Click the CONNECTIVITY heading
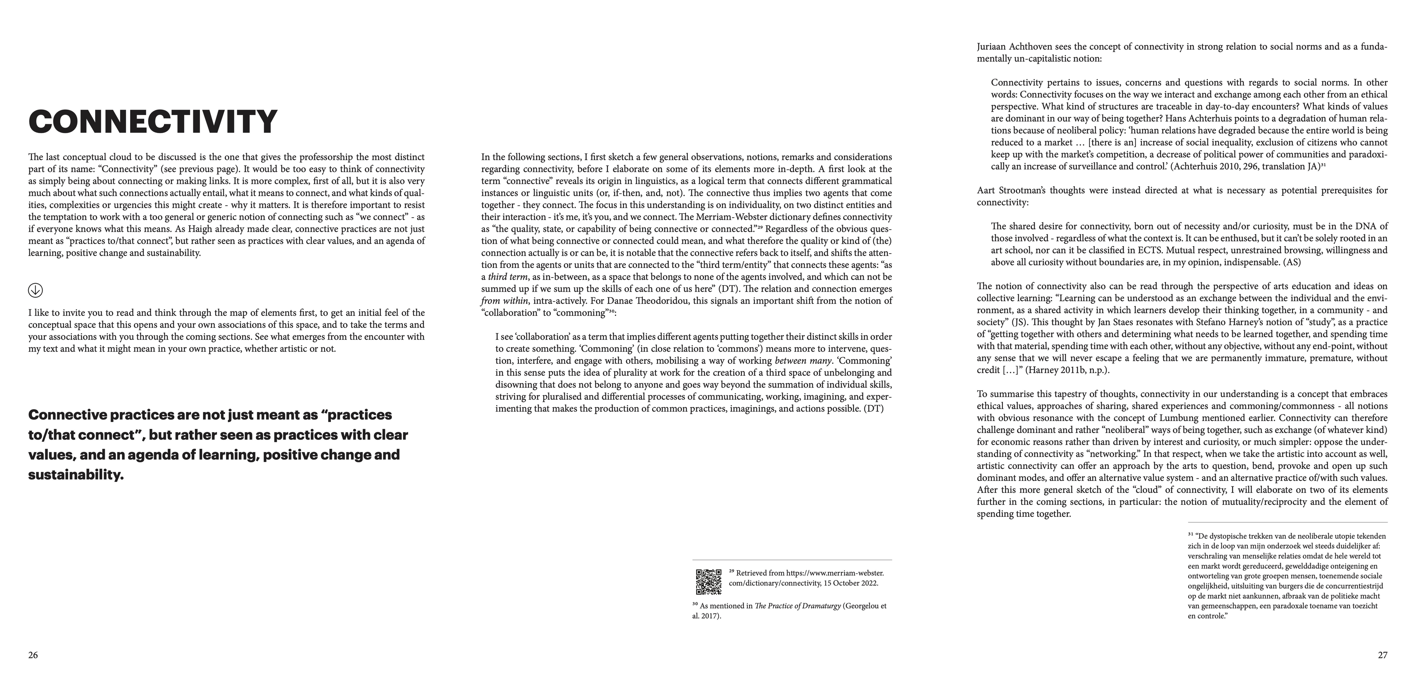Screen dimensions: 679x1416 tap(153, 121)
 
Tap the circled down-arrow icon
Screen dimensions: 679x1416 tap(35, 290)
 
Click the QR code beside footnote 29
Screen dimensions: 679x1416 tap(709, 581)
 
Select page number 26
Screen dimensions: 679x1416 tap(33, 655)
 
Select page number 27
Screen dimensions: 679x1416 tap(1382, 655)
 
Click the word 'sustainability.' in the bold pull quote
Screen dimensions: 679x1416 tap(76, 475)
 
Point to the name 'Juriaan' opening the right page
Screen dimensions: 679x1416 tap(992, 47)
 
